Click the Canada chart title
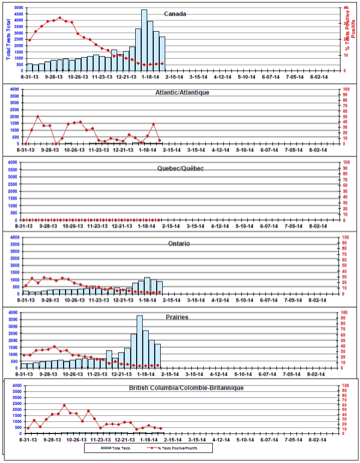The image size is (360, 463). click(175, 14)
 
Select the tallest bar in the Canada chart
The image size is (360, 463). click(144, 40)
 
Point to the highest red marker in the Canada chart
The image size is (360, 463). click(60, 18)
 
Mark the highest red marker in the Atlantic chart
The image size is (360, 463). click(38, 117)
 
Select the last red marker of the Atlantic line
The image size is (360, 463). click(160, 141)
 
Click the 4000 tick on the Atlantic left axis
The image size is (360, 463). click(15, 89)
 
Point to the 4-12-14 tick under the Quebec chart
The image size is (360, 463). click(220, 226)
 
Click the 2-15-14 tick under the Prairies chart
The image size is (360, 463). click(171, 374)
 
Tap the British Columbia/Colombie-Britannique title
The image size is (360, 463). click(186, 388)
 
